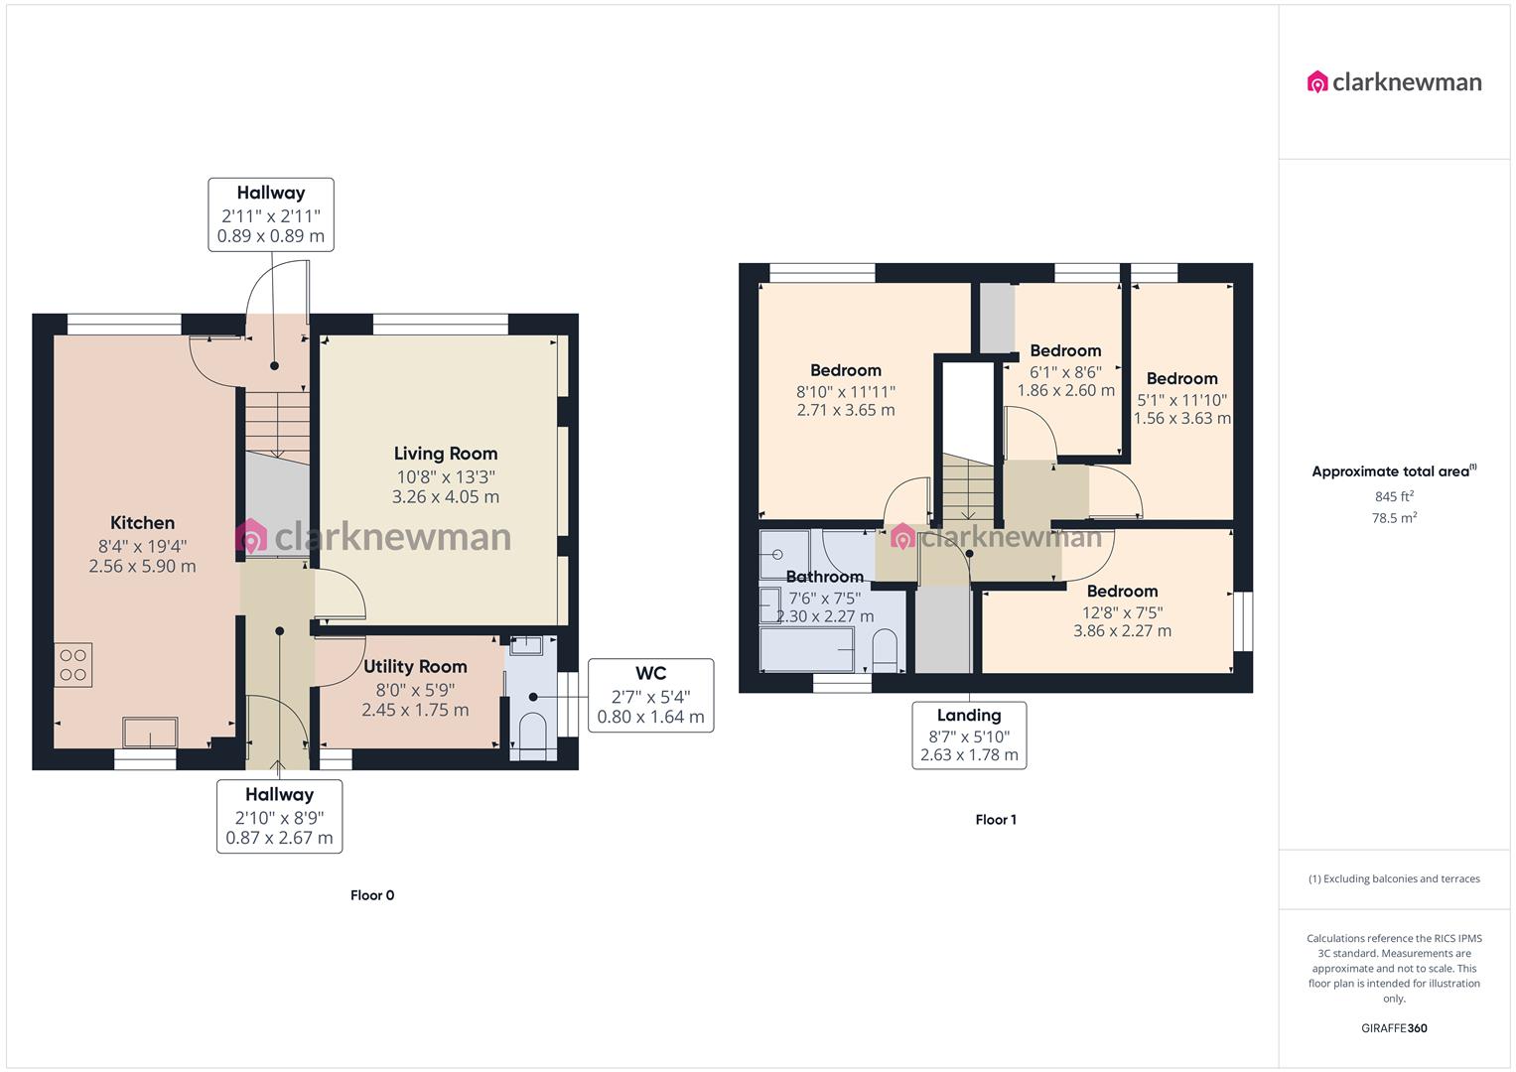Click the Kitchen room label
[x=142, y=523]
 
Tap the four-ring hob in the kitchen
[x=72, y=665]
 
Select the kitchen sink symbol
[x=150, y=733]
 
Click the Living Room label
[x=445, y=454]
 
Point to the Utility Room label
[x=415, y=667]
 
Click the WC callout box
[x=650, y=695]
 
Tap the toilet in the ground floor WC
[x=532, y=736]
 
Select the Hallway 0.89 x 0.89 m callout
[x=270, y=214]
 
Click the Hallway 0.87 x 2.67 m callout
[x=279, y=816]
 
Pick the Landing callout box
[x=969, y=736]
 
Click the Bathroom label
[x=824, y=577]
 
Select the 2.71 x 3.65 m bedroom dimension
[x=846, y=410]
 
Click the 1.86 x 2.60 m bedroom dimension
[x=1065, y=390]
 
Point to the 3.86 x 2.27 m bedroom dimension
[x=1122, y=630]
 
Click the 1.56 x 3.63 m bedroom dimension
[x=1181, y=418]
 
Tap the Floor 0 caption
[x=372, y=895]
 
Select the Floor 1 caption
[x=996, y=820]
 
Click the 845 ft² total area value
[x=1394, y=496]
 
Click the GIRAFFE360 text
[x=1394, y=1028]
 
